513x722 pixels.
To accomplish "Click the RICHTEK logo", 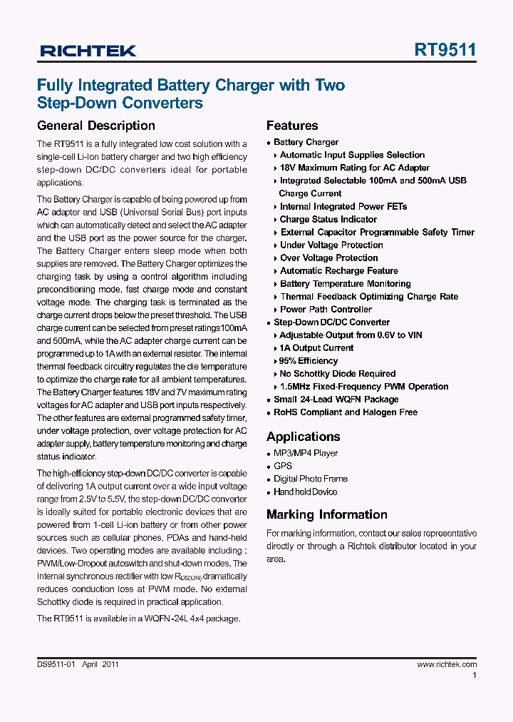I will click(x=88, y=51).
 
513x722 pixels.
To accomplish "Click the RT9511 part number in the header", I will click(x=445, y=50).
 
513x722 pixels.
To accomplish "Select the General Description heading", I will click(x=95, y=126).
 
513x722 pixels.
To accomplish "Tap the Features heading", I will click(x=292, y=126).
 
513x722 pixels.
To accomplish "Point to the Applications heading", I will click(x=303, y=437).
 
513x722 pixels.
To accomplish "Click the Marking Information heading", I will click(x=327, y=514).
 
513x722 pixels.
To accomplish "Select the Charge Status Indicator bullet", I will click(x=328, y=220).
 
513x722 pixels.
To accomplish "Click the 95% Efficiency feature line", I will click(x=309, y=361).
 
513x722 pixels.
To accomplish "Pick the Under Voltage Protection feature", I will click(x=331, y=245).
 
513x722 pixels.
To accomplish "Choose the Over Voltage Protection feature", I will click(x=328, y=258).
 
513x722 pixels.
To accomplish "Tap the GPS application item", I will click(x=283, y=467).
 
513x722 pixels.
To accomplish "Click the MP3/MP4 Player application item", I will click(x=306, y=454).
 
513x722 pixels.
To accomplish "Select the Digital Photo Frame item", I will click(x=311, y=479).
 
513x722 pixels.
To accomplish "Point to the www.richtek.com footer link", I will click(x=447, y=664).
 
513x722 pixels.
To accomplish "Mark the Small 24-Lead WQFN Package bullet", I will click(x=336, y=400).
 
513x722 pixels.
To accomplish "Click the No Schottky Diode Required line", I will click(x=337, y=374).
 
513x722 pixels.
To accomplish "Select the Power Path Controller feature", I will click(x=326, y=310).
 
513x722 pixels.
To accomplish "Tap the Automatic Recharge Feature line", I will click(x=338, y=271).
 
